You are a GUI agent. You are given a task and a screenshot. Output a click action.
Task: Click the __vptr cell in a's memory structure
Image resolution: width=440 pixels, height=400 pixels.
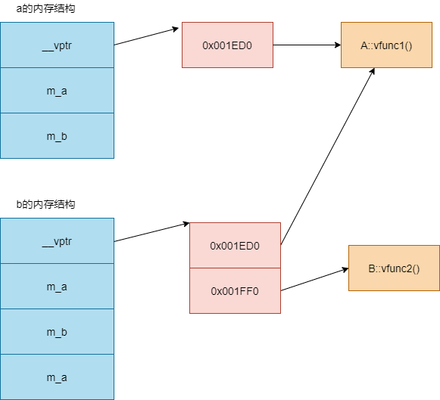pos(58,45)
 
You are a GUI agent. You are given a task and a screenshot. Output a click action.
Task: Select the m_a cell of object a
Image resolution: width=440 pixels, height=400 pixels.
pos(58,91)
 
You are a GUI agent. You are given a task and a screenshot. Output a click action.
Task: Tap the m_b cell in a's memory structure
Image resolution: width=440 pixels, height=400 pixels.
pos(58,136)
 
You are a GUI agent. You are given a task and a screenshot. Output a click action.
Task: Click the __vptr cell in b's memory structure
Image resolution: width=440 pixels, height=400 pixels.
pos(58,241)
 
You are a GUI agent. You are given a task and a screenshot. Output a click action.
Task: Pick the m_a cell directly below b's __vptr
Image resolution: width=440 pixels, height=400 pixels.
pos(58,287)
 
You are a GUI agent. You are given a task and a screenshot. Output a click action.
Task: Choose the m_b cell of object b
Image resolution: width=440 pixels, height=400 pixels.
pos(58,332)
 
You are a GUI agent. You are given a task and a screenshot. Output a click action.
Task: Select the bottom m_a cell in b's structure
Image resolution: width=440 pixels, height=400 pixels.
pos(58,377)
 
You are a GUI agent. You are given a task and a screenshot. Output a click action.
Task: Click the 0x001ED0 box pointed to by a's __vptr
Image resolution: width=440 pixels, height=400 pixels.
pos(228,45)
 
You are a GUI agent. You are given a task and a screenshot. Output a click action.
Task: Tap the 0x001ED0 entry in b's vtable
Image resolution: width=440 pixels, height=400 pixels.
pos(236,246)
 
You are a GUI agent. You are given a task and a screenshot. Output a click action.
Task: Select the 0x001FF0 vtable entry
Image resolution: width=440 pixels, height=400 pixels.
pos(236,291)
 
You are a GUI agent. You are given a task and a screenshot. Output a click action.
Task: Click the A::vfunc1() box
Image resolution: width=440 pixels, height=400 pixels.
pos(386,45)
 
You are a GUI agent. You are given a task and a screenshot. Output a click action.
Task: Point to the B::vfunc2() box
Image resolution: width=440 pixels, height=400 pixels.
pos(394,268)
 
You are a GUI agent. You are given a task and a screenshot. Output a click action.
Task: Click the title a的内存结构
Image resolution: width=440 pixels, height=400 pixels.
pos(45,8)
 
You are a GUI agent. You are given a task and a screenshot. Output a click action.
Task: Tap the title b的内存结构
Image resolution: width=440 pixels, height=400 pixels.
pos(45,204)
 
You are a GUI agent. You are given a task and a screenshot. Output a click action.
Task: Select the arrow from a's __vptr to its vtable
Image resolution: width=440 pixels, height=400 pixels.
pos(146,36)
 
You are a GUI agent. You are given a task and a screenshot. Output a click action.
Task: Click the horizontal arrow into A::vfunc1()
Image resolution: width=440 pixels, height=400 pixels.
pos(307,45)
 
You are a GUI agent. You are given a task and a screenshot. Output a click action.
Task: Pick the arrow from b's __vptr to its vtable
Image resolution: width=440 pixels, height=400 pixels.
pos(151,232)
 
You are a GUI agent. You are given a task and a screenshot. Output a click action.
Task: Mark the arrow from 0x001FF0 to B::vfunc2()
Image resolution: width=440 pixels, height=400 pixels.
pos(314,280)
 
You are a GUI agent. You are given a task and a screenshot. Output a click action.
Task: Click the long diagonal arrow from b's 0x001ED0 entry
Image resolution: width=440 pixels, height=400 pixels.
pos(328,157)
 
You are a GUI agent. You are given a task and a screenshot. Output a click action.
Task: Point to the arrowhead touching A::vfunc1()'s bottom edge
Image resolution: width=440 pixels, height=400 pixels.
pos(373,71)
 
